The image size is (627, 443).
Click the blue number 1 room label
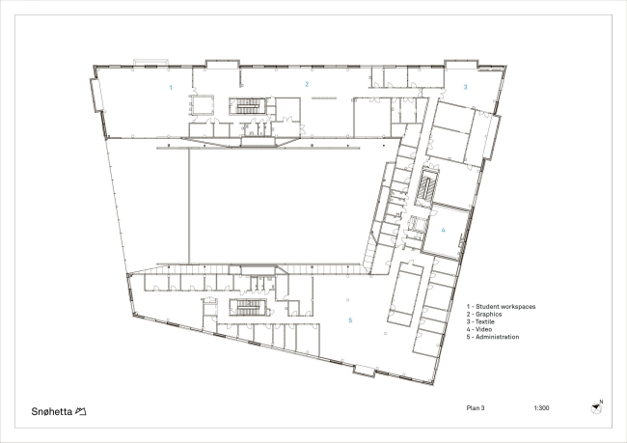point(171,88)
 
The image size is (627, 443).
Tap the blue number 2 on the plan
point(307,84)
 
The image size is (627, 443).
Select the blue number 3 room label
point(465,87)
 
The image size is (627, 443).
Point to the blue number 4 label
point(443,230)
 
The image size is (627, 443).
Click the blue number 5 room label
point(350,320)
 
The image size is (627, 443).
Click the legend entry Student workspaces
point(501,307)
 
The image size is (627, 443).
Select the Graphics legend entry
point(484,314)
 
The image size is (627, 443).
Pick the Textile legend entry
point(480,321)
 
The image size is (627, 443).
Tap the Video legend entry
point(479,329)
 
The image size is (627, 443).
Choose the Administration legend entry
point(493,337)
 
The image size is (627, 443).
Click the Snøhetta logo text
point(51,411)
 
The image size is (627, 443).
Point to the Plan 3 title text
point(476,408)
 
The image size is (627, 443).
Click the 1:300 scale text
point(541,408)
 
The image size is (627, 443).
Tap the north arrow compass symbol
point(596,408)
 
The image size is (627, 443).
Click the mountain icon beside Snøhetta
point(81,411)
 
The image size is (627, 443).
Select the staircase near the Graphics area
point(248,106)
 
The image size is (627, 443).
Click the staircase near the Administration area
point(248,307)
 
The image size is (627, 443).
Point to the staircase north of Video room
point(427,187)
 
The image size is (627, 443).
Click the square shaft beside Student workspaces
point(203,105)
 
